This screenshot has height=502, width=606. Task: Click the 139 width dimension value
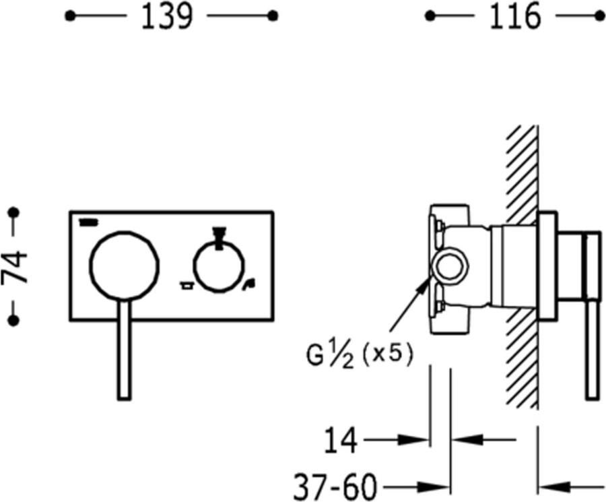click(x=166, y=16)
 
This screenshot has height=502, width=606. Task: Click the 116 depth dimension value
click(x=515, y=16)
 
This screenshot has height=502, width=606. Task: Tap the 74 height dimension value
click(x=15, y=267)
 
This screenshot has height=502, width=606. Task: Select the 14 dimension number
click(x=341, y=440)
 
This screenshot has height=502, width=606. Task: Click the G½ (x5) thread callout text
click(x=360, y=355)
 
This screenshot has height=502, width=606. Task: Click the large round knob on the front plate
click(x=124, y=265)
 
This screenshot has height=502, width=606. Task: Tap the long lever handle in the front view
click(x=124, y=349)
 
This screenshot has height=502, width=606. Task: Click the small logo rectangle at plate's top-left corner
click(x=89, y=222)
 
